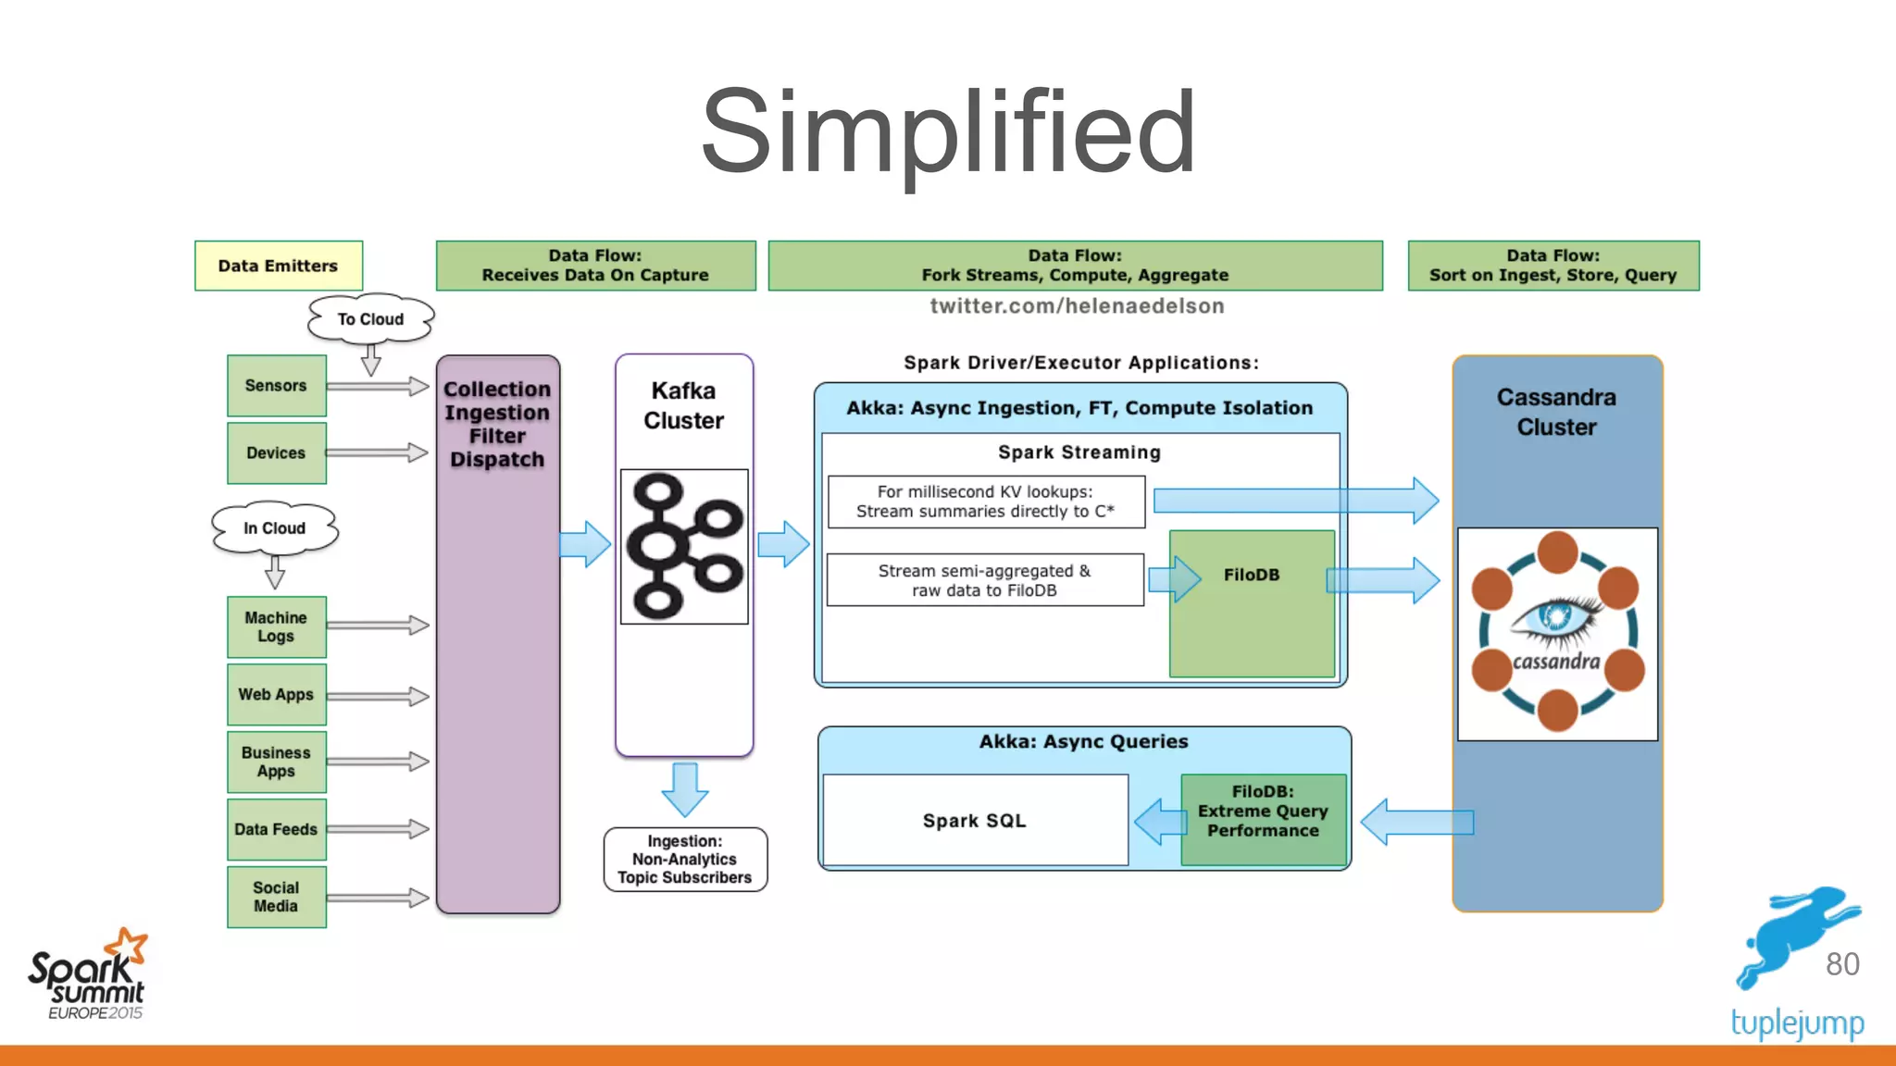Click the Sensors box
click(276, 386)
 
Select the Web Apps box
click(276, 694)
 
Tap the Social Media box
click(276, 897)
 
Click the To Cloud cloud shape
click(370, 319)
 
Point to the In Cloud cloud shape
click(274, 528)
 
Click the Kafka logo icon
click(684, 546)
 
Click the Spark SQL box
click(975, 821)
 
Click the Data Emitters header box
click(278, 266)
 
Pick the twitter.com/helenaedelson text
click(1077, 306)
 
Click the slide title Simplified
click(948, 131)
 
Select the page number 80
click(1841, 964)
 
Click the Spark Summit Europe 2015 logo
click(89, 976)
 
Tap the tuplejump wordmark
click(1797, 1023)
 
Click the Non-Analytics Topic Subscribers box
click(685, 860)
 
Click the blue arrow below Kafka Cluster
click(685, 789)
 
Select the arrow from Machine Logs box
click(378, 626)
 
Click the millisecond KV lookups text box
click(986, 502)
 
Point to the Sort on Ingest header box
click(1553, 266)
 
